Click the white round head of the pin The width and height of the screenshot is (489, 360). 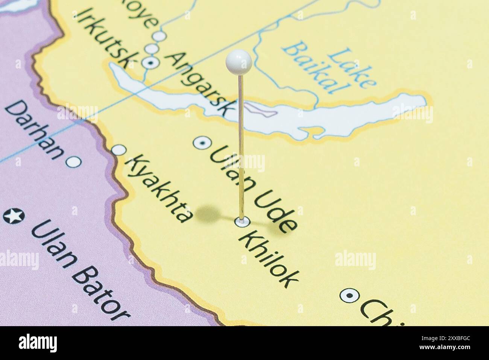[239, 61]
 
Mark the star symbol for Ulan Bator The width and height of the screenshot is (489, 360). [14, 216]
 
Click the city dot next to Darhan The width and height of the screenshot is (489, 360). [73, 162]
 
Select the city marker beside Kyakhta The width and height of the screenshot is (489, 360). [120, 150]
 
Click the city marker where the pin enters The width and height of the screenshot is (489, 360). [241, 222]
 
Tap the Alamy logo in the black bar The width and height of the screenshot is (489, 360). [38, 343]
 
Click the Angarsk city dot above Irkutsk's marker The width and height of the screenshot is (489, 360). [152, 49]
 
